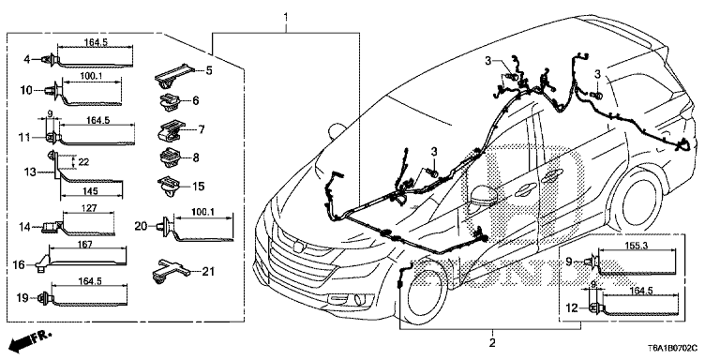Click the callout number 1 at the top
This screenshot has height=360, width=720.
click(x=286, y=19)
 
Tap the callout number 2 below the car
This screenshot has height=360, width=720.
click(x=492, y=343)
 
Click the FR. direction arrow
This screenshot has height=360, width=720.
click(x=31, y=338)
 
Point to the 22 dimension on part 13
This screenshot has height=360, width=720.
click(x=83, y=161)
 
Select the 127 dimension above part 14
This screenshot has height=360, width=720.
click(x=89, y=208)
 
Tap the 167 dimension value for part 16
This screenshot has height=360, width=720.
click(x=86, y=245)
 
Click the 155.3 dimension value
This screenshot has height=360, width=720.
click(x=637, y=246)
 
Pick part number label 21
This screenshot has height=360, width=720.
click(x=208, y=272)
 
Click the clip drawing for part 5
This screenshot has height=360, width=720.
click(x=174, y=76)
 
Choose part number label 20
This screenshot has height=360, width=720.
click(x=141, y=225)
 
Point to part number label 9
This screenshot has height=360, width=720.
click(x=568, y=262)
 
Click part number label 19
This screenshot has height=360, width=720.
click(x=22, y=298)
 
